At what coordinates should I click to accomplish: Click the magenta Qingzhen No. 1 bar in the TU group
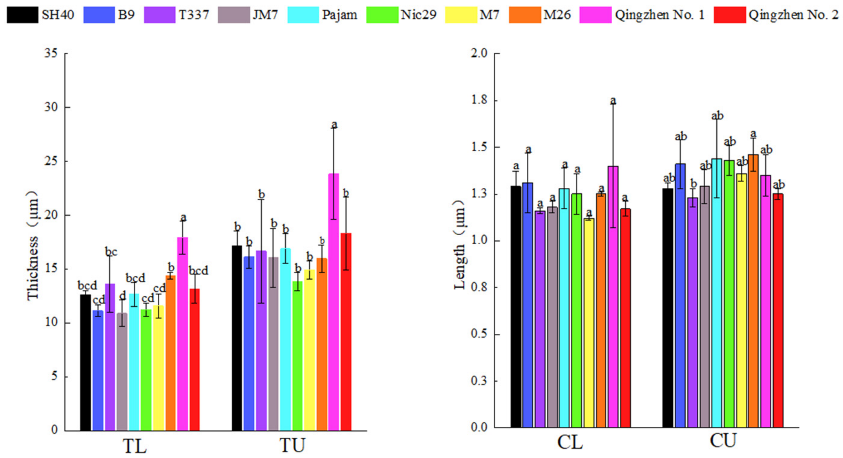(x=334, y=302)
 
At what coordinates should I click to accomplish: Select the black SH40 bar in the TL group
(x=85, y=362)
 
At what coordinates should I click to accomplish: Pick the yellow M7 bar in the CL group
(x=589, y=323)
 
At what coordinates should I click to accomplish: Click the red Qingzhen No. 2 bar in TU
(x=346, y=332)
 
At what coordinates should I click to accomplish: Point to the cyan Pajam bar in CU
(x=717, y=293)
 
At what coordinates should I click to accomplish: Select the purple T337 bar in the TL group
(x=110, y=357)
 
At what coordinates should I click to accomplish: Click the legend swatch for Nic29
(x=382, y=15)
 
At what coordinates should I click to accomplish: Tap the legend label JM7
(x=265, y=15)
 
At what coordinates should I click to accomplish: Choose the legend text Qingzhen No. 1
(x=660, y=15)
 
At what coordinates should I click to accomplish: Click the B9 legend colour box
(x=99, y=15)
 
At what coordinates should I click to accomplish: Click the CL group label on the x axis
(x=570, y=442)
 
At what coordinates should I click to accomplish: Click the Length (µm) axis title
(x=459, y=245)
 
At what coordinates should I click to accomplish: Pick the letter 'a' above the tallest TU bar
(x=334, y=125)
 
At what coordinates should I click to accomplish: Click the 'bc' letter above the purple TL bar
(x=111, y=252)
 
